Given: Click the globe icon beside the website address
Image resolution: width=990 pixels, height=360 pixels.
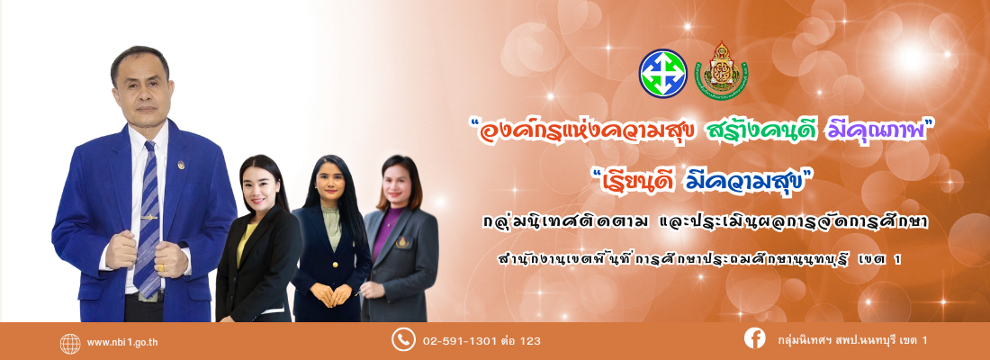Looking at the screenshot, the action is (x=70, y=343).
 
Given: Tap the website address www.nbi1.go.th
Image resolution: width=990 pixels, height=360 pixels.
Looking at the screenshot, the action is (x=122, y=343).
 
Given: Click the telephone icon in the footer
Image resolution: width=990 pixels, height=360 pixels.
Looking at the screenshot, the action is (x=403, y=339).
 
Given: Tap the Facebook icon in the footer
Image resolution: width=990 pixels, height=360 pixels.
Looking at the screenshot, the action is (x=754, y=338).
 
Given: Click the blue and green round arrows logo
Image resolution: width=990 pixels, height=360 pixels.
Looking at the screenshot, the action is (x=663, y=73).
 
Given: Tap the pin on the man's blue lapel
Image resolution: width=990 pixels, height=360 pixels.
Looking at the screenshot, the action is (x=181, y=165).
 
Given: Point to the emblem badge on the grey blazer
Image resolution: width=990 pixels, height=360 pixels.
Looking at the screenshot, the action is (x=401, y=242).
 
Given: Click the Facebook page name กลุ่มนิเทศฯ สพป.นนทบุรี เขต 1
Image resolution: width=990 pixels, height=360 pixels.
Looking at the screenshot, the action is (x=852, y=340).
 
